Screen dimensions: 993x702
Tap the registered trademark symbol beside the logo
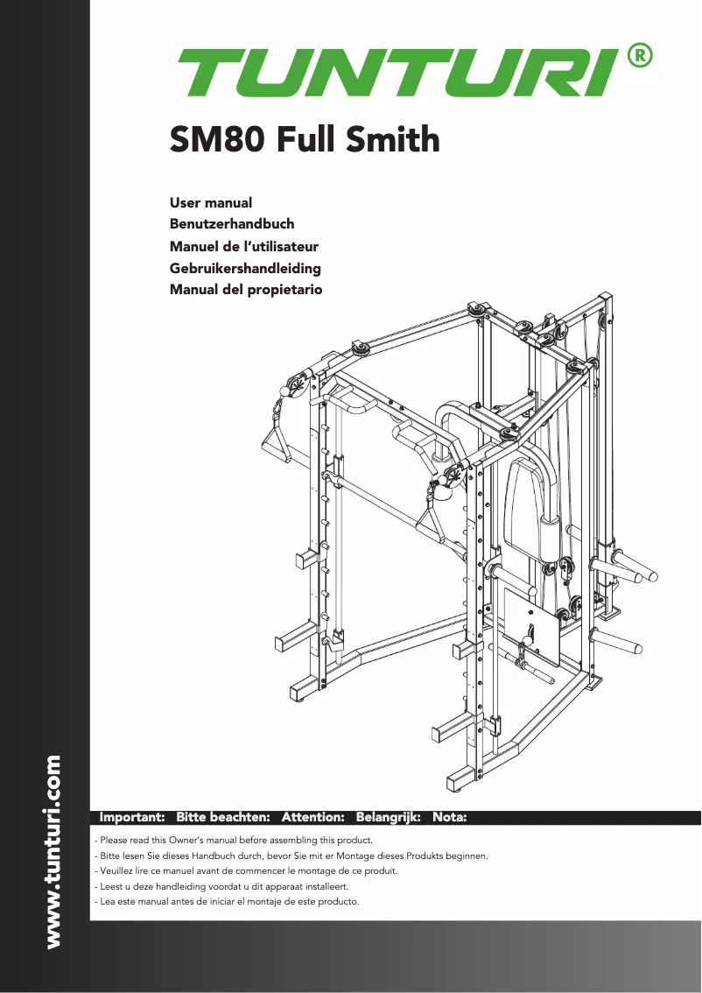pyautogui.click(x=640, y=55)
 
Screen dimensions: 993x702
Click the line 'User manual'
pyautogui.click(x=210, y=203)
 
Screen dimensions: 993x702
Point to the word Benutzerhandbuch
pyautogui.click(x=231, y=224)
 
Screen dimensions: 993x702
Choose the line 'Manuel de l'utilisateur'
pyautogui.click(x=243, y=246)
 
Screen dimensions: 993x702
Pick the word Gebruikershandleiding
pyautogui.click(x=245, y=268)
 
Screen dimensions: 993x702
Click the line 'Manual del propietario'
pyautogui.click(x=245, y=289)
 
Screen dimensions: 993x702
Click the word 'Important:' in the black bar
pyautogui.click(x=133, y=817)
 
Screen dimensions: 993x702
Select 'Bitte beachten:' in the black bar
pyautogui.click(x=222, y=817)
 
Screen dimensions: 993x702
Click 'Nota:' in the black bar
pyautogui.click(x=449, y=817)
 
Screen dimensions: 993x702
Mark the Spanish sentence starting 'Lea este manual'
pyautogui.click(x=226, y=901)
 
